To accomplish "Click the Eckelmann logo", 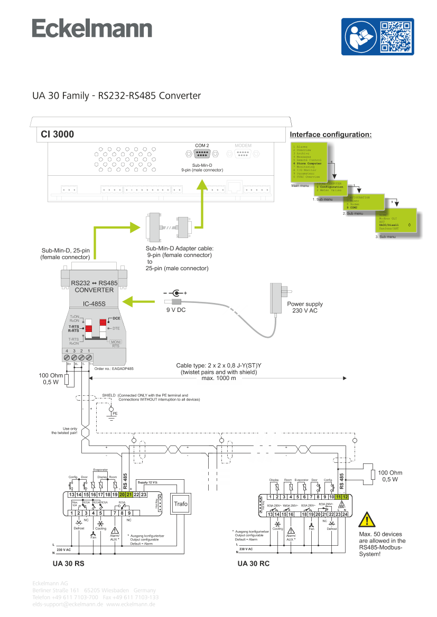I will click(92, 29).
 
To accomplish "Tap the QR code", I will click(396, 36).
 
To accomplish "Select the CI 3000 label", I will click(58, 135).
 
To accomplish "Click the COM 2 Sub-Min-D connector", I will click(202, 154).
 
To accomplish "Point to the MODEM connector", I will click(243, 154).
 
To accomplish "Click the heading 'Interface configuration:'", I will click(331, 135).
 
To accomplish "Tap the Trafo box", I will click(181, 504).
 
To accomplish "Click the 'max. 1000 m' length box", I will click(219, 378).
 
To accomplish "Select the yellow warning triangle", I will click(367, 520).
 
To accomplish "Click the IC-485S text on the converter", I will click(95, 303).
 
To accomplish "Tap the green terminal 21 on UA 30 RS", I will click(129, 495).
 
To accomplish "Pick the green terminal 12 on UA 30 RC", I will click(345, 497).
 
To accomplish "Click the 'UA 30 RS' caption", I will click(68, 564).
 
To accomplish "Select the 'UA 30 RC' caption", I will click(253, 564).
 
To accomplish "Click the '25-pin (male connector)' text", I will click(177, 269).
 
